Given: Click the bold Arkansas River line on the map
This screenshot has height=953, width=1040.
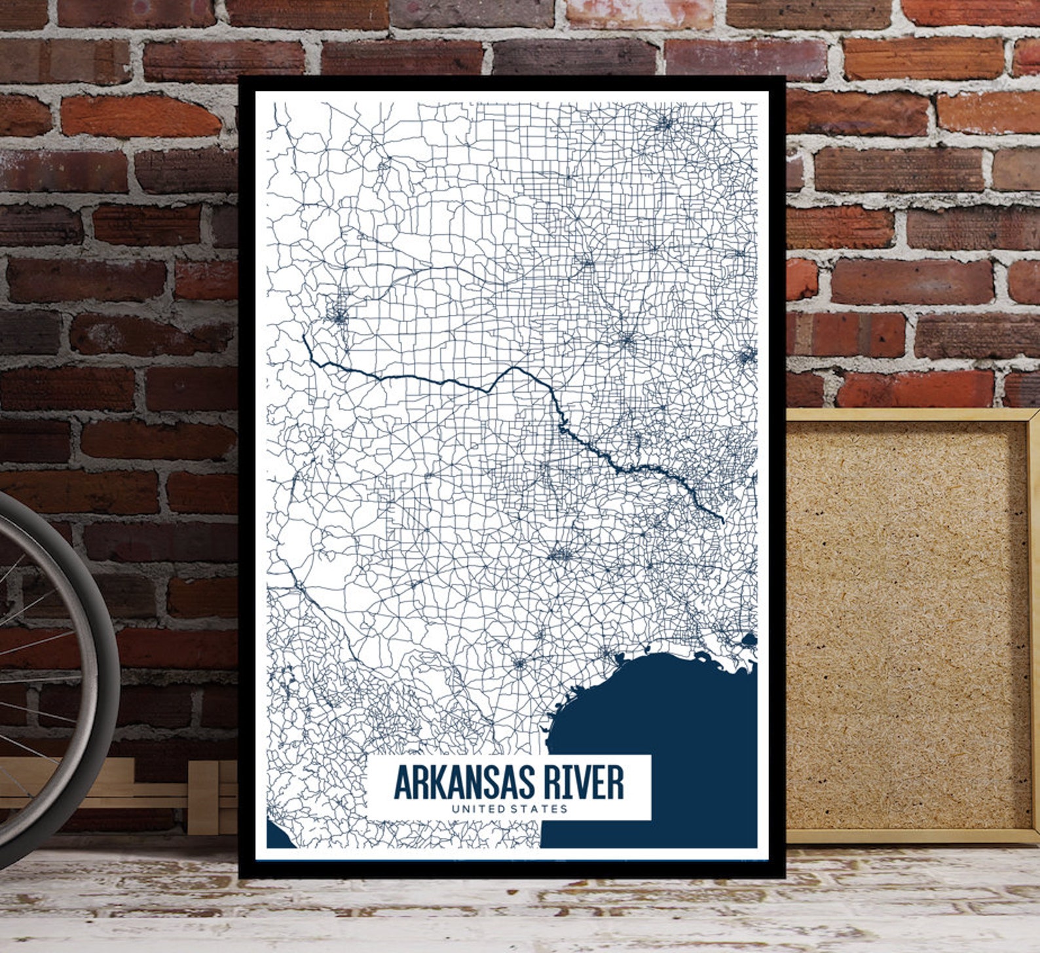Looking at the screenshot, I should point(419,378).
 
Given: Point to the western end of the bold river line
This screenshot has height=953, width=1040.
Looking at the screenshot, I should point(304,337).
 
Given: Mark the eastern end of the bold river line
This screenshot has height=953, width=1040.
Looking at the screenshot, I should point(722,521).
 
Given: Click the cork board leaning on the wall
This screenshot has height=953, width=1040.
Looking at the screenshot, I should point(904,622).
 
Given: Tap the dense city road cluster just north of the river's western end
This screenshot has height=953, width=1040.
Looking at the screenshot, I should point(339,318).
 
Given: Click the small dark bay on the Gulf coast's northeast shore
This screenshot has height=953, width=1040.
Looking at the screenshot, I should point(749,639).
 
